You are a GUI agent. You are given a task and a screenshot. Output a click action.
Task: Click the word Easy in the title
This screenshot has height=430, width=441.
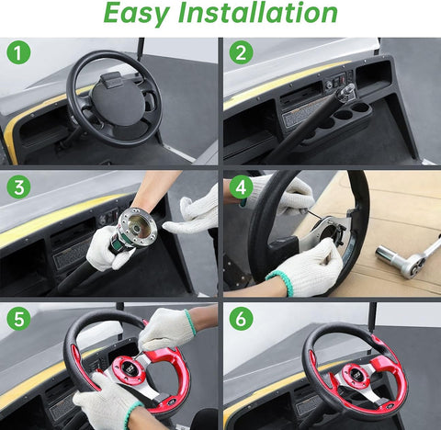(x=137, y=13)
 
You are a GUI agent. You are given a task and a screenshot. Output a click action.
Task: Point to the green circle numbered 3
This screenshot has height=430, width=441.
(x=18, y=187)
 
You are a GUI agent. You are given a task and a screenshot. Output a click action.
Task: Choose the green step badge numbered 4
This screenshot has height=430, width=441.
(x=242, y=187)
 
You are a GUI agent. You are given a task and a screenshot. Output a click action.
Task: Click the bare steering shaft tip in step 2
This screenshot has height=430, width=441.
(x=346, y=90)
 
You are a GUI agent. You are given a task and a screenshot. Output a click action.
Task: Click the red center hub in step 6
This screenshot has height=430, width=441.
(x=356, y=378)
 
